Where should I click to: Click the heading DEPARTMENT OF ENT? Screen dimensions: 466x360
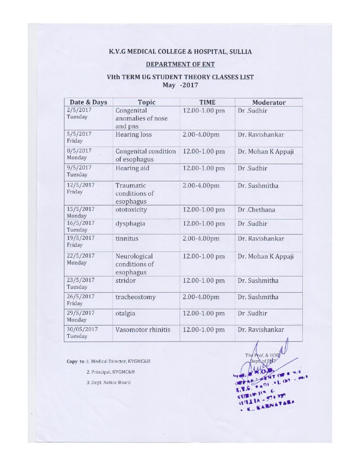pos(180,64)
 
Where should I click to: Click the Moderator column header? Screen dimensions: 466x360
pos(269,103)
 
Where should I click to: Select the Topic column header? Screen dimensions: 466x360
pos(146,102)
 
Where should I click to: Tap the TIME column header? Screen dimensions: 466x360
pos(207,102)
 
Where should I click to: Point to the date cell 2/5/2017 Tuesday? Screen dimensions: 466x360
pos(79,114)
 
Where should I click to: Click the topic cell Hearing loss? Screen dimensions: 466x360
pos(134,134)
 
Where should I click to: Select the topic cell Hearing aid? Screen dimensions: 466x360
pos(132,168)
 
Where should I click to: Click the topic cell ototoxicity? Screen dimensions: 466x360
pos(131,210)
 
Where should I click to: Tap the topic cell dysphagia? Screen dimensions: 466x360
pos(130,224)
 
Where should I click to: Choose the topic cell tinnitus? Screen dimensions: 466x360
pos(127,239)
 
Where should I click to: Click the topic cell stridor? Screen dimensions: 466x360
pos(125,281)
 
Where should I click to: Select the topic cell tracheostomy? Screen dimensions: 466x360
pos(135,297)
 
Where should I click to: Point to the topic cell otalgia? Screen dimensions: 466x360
pos(125,313)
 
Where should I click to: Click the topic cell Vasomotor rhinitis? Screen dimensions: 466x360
pos(143,330)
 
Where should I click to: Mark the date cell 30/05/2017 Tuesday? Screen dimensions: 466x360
pos(82,333)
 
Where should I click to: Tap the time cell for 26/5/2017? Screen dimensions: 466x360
pos(201,297)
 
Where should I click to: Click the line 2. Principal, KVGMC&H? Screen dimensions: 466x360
pos(111,372)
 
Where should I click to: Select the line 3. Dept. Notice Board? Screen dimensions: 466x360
pos(109,383)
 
